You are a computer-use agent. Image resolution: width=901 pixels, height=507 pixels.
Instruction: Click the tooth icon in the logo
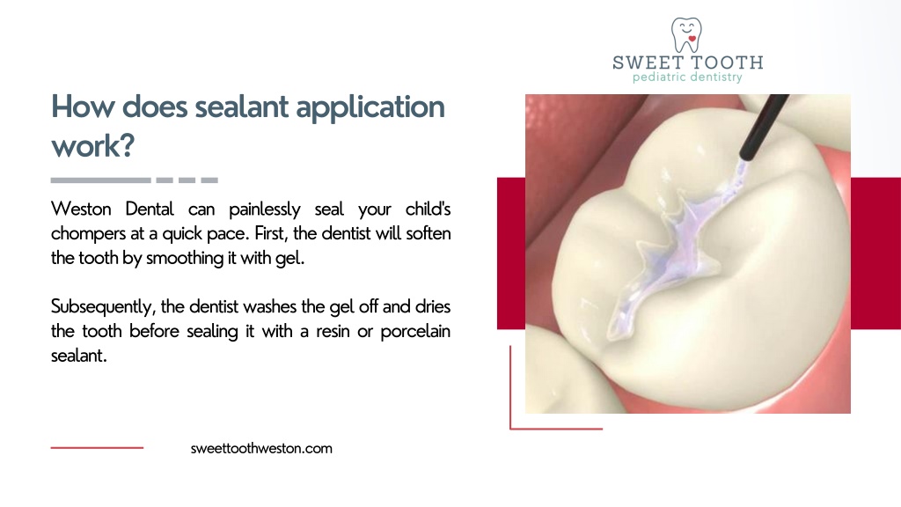(x=687, y=34)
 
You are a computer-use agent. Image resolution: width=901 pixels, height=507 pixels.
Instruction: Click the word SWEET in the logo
(x=645, y=62)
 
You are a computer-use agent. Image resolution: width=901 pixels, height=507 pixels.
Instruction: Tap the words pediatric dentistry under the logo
(x=687, y=77)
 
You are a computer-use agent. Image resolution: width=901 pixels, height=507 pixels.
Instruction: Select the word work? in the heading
(x=92, y=145)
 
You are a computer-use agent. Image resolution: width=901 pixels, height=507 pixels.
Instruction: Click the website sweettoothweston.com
(x=261, y=448)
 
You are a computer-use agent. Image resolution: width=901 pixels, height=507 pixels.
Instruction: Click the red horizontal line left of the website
(x=97, y=448)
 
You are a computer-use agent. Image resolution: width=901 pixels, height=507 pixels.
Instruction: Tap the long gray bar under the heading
(x=100, y=180)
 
